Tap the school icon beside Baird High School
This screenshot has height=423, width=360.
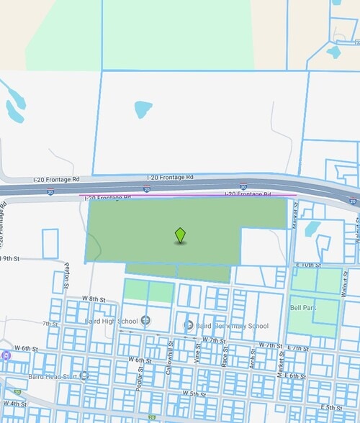pyautogui.click(x=146, y=320)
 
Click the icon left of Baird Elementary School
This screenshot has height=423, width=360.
pyautogui.click(x=188, y=325)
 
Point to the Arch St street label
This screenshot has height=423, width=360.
pyautogui.click(x=253, y=358)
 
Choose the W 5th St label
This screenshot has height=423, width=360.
pyautogui.click(x=194, y=394)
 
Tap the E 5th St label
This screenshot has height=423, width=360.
pyautogui.click(x=332, y=408)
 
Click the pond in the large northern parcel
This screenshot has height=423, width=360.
pyautogui.click(x=143, y=109)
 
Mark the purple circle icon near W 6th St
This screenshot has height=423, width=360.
pyautogui.click(x=6, y=355)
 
